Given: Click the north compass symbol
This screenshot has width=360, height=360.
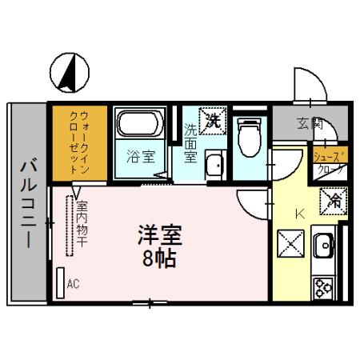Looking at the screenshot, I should [68, 71].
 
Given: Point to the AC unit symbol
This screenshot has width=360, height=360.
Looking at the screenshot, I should [60, 282].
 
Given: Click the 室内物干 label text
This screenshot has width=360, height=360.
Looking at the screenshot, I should [81, 223].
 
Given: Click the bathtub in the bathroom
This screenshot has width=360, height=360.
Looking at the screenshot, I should [140, 125].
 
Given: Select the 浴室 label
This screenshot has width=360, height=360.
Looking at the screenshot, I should [138, 157].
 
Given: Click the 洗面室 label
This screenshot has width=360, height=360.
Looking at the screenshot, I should [191, 142].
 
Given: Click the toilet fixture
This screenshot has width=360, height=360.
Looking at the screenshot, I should [249, 137].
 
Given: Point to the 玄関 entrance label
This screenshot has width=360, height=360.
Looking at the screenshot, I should [310, 122].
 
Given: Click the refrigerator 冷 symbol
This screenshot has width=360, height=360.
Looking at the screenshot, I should [333, 202].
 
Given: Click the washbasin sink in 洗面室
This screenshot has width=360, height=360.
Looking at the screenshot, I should [214, 165].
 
